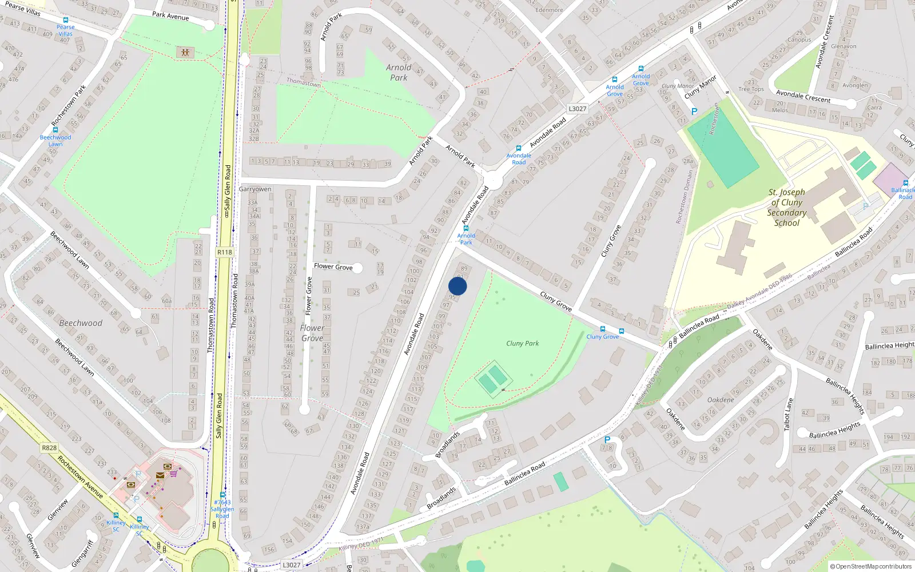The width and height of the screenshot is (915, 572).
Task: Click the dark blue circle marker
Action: pos(457,286)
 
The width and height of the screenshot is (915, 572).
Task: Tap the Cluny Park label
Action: pos(522,343)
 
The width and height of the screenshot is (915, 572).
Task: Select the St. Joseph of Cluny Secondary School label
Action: pos(787,208)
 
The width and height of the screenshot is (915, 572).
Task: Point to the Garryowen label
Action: pos(255,189)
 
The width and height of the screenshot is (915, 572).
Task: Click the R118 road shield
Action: pos(225,252)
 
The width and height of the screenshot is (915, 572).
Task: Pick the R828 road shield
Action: pos(49,448)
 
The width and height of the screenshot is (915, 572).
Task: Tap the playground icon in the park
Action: pos(185,53)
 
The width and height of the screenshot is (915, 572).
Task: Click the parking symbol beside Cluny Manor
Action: pos(694,112)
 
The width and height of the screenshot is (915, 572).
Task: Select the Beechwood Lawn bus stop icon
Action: pos(55,130)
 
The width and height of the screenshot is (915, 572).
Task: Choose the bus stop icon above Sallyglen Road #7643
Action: pos(222,495)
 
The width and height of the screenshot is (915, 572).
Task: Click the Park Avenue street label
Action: pos(170,16)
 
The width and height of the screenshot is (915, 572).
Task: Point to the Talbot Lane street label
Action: pos(789,414)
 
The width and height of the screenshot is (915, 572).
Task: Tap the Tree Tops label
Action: pos(751,89)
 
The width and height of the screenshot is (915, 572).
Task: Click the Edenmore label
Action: pos(549,10)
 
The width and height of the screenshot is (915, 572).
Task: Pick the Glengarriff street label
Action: pos(83,553)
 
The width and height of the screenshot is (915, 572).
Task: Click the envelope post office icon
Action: pos(160,475)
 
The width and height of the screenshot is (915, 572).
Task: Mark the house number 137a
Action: pos(363,527)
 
